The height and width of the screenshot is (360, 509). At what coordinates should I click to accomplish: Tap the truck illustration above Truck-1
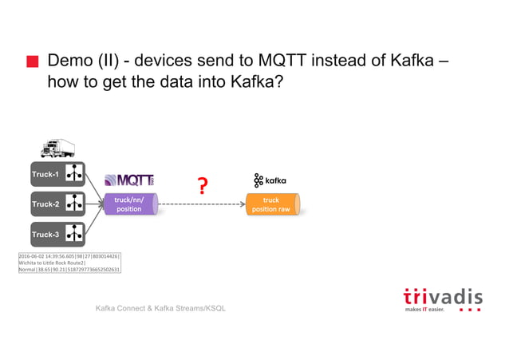point(57,148)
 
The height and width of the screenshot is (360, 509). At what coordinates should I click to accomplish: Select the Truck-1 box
point(57,174)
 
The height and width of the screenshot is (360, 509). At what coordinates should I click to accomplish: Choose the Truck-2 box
point(57,204)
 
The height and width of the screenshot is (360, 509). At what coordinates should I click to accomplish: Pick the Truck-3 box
point(57,235)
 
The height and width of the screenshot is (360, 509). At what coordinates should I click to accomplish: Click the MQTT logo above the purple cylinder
point(130,180)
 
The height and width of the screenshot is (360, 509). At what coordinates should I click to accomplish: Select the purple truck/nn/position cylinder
point(130,204)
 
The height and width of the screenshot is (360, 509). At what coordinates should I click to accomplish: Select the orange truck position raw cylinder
point(272,204)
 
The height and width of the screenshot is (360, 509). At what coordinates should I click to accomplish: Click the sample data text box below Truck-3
point(69,263)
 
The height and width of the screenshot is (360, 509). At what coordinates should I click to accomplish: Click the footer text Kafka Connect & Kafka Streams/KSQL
point(160,308)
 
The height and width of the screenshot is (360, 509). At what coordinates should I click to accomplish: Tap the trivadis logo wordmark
point(441,295)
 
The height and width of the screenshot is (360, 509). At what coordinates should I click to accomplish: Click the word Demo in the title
point(73,61)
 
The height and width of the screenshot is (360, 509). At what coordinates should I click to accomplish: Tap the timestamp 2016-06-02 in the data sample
point(33,256)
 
